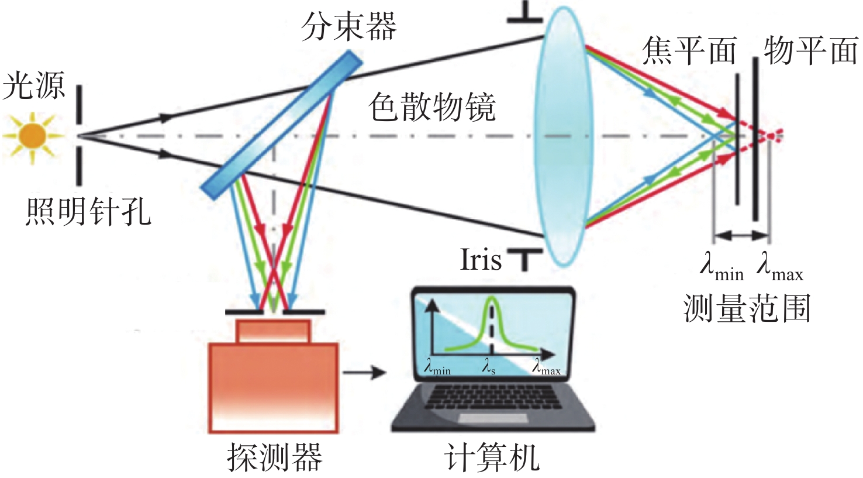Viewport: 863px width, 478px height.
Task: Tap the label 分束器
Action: coord(348,26)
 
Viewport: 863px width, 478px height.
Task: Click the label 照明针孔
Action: coord(88,212)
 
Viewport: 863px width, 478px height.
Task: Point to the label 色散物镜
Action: coord(431,107)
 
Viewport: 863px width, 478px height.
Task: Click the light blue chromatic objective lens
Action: coord(563,136)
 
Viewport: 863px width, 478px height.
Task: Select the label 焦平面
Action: coord(689,50)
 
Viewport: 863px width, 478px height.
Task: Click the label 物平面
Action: coord(810,50)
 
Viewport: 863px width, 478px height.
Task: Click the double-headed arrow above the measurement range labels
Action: coord(741,235)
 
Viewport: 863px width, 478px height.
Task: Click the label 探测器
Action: coord(274,458)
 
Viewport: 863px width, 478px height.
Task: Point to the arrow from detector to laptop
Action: coord(364,372)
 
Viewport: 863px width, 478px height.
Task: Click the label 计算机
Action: coord(492,458)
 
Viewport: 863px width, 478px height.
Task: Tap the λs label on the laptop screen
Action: coord(488,367)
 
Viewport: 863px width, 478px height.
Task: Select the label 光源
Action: coord(34,85)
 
